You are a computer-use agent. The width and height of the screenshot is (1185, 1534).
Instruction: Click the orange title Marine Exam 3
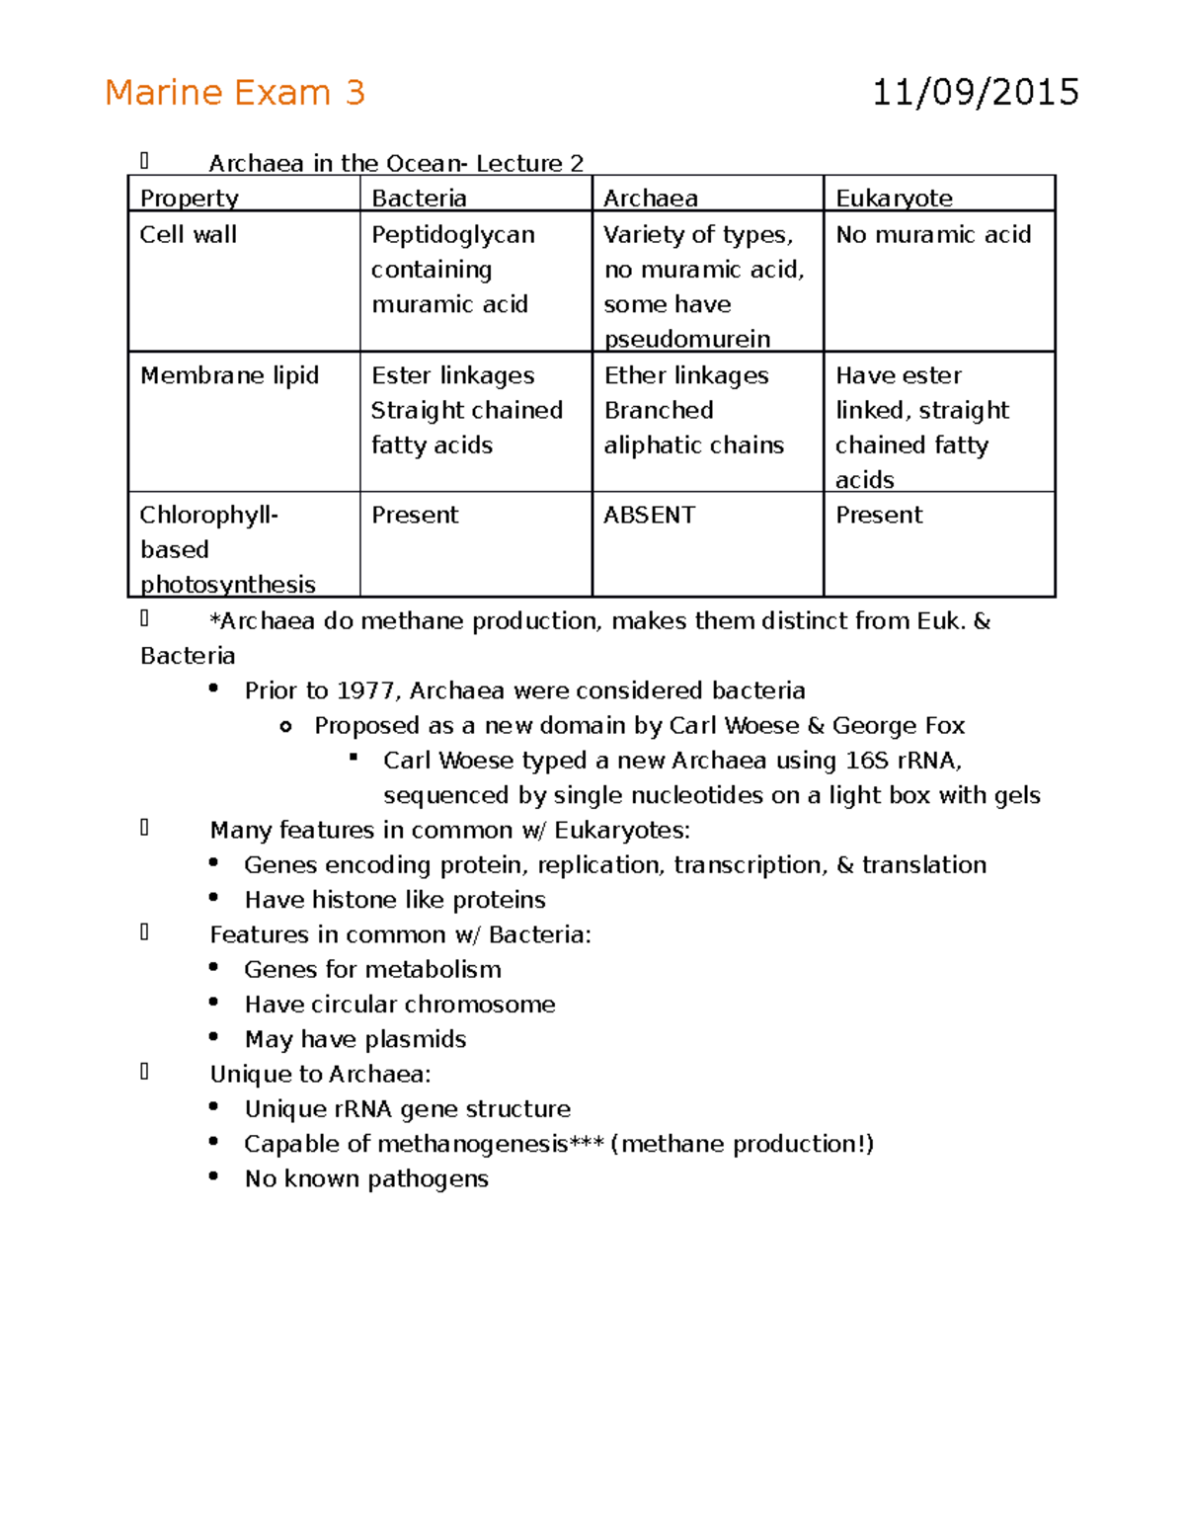click(235, 93)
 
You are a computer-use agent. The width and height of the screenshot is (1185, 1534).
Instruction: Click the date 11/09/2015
click(975, 93)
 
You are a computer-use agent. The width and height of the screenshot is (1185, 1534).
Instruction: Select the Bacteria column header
click(419, 198)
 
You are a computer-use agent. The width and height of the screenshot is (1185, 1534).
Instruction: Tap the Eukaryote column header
click(894, 198)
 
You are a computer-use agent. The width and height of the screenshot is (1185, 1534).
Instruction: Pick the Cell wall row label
click(188, 234)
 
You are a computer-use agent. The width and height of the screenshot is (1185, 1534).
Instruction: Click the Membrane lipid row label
click(229, 375)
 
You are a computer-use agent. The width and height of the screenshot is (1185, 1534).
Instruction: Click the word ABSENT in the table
click(649, 515)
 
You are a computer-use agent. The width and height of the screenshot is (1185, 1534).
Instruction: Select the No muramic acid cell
click(933, 234)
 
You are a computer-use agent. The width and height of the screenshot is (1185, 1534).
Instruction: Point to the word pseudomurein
click(686, 339)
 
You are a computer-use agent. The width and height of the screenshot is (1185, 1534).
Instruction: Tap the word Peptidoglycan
click(452, 234)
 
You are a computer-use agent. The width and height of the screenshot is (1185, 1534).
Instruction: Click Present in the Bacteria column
click(415, 515)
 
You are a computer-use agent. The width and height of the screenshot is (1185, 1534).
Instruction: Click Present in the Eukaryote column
click(879, 515)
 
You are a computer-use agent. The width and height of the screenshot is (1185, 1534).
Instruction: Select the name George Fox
click(898, 725)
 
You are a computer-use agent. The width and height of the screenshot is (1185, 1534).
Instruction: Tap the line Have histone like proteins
click(395, 900)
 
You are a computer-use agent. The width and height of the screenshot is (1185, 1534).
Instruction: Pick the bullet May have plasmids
click(355, 1039)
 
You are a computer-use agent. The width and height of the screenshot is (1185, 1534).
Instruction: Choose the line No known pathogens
click(366, 1178)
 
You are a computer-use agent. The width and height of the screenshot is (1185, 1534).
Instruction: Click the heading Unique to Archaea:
click(320, 1074)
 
